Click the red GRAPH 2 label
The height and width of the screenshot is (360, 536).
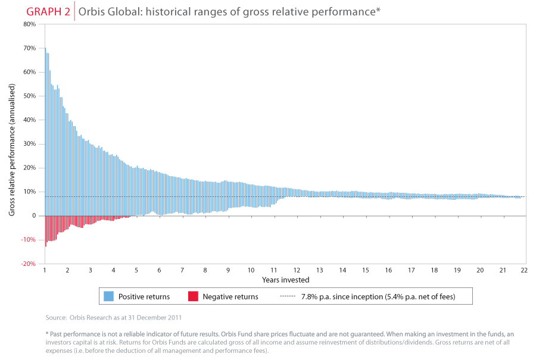(48, 11)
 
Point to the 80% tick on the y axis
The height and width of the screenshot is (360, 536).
(29, 24)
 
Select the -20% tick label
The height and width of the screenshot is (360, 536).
(29, 264)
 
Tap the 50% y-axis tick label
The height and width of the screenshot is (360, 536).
(29, 96)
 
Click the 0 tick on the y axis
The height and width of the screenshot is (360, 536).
(34, 215)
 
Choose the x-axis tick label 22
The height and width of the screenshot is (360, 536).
(525, 270)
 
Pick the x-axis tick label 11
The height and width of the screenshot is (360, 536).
(273, 270)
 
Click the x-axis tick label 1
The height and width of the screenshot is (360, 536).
(45, 270)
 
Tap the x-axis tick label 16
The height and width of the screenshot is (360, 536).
(388, 270)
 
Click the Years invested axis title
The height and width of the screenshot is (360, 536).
(285, 279)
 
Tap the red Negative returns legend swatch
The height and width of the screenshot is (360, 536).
(193, 296)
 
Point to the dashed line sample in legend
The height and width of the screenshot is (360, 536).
(288, 296)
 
